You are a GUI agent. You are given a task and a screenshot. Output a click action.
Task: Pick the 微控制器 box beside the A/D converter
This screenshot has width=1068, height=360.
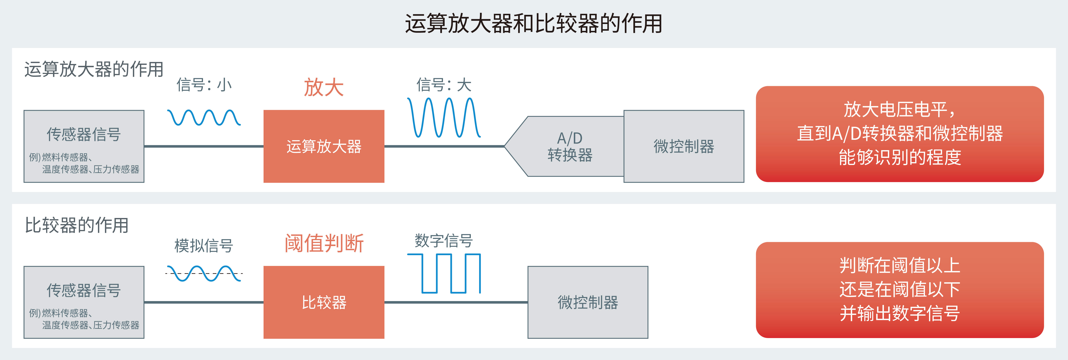(x=684, y=146)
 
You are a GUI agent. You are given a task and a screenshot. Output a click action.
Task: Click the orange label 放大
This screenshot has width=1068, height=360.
(x=324, y=88)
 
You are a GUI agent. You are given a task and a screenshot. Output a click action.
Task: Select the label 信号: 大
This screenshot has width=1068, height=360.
(x=444, y=85)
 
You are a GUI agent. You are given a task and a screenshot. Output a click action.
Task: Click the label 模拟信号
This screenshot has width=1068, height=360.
(x=204, y=246)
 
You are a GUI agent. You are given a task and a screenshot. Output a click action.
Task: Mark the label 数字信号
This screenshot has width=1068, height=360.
(x=444, y=241)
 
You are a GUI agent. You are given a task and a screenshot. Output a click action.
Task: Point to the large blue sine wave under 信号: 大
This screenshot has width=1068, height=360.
(x=444, y=117)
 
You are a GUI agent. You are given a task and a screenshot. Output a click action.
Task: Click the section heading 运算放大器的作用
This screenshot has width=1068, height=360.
(x=94, y=69)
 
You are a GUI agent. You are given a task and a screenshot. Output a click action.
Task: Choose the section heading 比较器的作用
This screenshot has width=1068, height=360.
(x=77, y=225)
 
